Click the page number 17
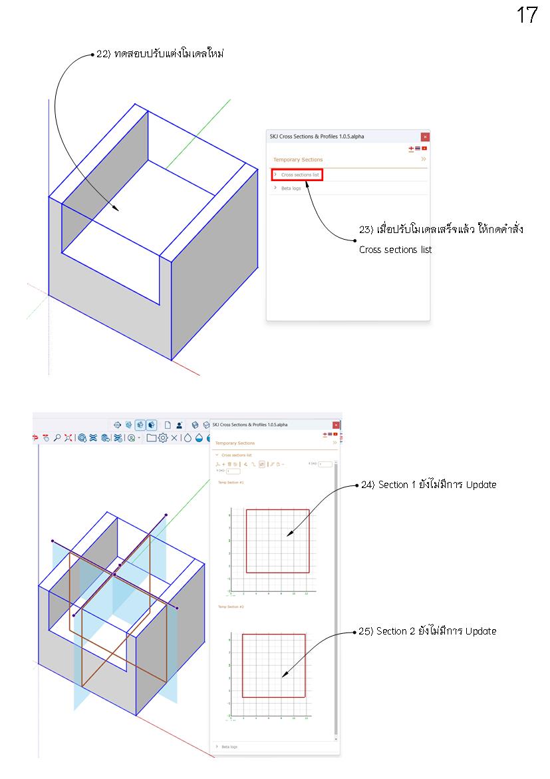(x=526, y=15)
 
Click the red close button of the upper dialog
(x=425, y=136)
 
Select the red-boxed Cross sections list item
(x=297, y=174)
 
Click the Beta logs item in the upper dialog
(x=291, y=188)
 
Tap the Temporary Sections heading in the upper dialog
(x=297, y=160)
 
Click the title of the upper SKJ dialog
(x=316, y=136)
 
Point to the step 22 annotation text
(x=160, y=54)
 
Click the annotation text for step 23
(x=441, y=230)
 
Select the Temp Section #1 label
(x=231, y=482)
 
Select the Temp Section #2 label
(x=231, y=607)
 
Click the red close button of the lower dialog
(x=336, y=425)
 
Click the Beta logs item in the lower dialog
(x=229, y=746)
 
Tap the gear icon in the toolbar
(x=162, y=437)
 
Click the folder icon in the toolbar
(x=151, y=437)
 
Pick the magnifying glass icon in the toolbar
(x=57, y=437)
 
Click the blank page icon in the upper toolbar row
(x=168, y=424)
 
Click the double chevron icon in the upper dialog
(x=424, y=159)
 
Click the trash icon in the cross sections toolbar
(x=229, y=463)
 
